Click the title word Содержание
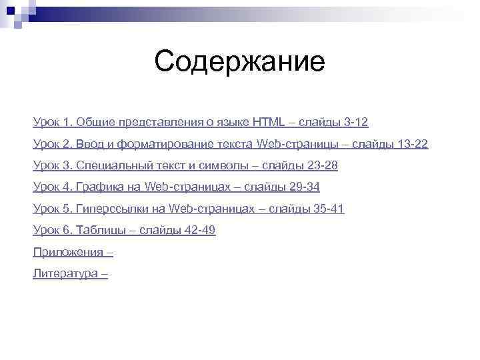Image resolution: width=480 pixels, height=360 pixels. pyautogui.click(x=239, y=63)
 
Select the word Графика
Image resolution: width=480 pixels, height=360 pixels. pyautogui.click(x=98, y=187)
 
